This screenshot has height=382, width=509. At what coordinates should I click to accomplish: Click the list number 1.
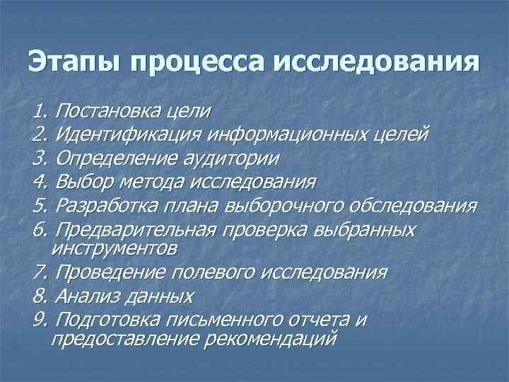39,110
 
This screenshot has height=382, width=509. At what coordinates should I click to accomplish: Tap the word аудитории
240,158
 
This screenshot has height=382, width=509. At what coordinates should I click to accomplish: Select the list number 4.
39,182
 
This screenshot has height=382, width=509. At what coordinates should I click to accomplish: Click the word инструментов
114,248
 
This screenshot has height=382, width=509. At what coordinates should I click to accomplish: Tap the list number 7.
39,272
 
